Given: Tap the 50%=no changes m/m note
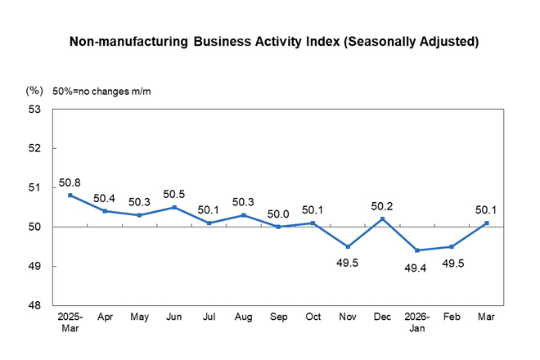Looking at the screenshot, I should [x=101, y=91].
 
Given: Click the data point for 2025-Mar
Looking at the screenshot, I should [x=70, y=195].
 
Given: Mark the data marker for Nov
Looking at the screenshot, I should [x=348, y=246].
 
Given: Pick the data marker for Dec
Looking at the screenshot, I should [x=383, y=218].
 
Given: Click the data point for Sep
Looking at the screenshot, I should [x=278, y=227].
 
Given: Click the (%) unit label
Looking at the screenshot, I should [x=34, y=91].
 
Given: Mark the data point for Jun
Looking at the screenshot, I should [x=174, y=207].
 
